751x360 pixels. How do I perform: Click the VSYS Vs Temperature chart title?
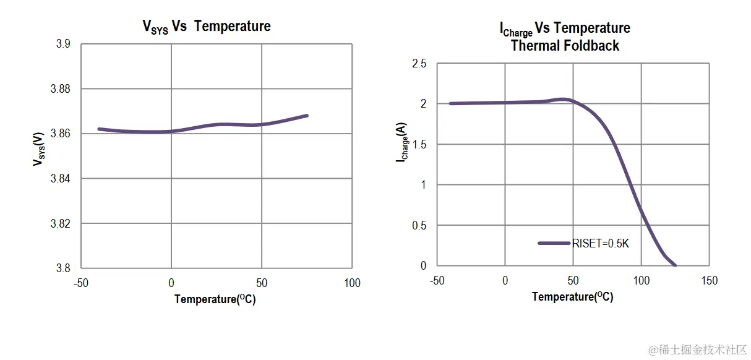tap(207, 27)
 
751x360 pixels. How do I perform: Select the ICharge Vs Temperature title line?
tap(564, 28)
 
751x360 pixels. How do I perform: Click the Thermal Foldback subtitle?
tap(565, 46)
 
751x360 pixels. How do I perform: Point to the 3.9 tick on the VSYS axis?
tap(62, 44)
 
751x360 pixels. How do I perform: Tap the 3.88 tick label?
tap(60, 89)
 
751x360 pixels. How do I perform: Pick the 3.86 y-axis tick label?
tap(60, 134)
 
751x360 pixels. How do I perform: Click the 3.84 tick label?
tap(60, 179)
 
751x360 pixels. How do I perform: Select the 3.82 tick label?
tap(60, 223)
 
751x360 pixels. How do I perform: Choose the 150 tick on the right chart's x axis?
tap(709, 281)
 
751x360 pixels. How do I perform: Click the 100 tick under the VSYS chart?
tap(352, 283)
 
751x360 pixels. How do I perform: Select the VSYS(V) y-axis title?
tap(38, 148)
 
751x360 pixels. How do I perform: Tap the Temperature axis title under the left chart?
tap(215, 299)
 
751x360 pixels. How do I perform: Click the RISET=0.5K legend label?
tap(600, 244)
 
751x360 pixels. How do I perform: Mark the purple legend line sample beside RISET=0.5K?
tap(554, 243)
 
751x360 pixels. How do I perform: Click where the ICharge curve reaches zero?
tap(675, 265)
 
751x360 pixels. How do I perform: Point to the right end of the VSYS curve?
tap(307, 116)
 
